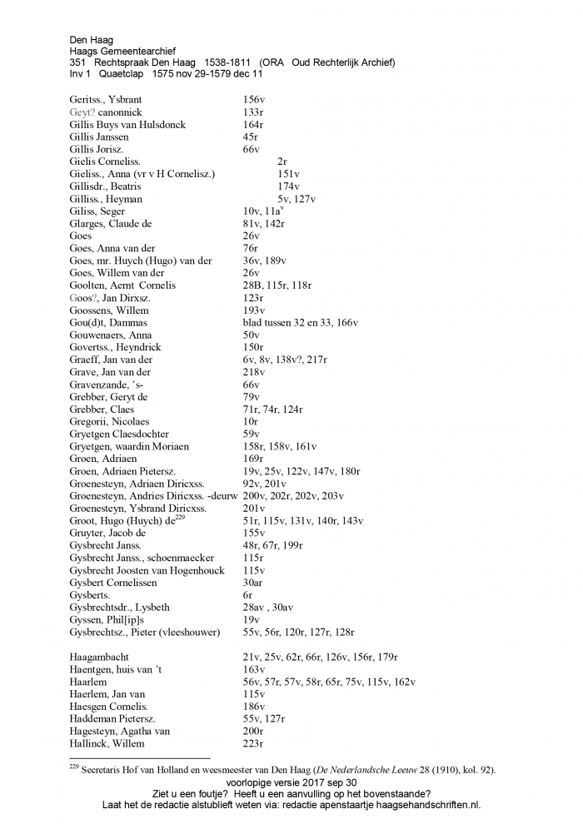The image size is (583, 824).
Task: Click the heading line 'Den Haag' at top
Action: point(92,39)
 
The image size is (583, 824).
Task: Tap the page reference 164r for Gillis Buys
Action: point(253,125)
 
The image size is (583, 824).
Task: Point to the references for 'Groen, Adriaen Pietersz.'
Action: point(301,471)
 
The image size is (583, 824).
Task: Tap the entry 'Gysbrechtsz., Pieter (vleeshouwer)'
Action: point(145,633)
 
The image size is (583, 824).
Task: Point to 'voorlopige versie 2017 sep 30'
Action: point(291,783)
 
